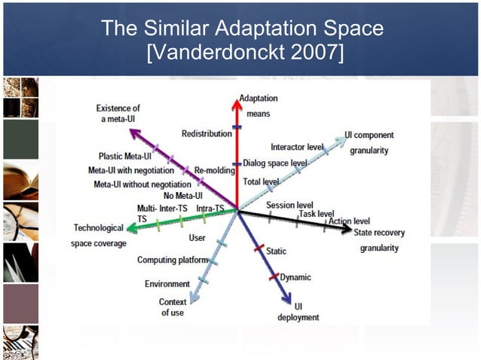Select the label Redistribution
pyautogui.click(x=207, y=133)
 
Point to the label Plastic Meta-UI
pyautogui.click(x=126, y=157)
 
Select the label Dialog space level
pyautogui.click(x=274, y=163)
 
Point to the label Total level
pyautogui.click(x=261, y=182)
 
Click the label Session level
pyautogui.click(x=290, y=205)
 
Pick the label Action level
pyautogui.click(x=349, y=221)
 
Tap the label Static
pyautogui.click(x=276, y=251)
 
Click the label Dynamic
pyautogui.click(x=296, y=277)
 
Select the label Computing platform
pyautogui.click(x=173, y=260)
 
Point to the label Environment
pyautogui.click(x=167, y=284)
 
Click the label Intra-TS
pyautogui.click(x=210, y=208)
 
